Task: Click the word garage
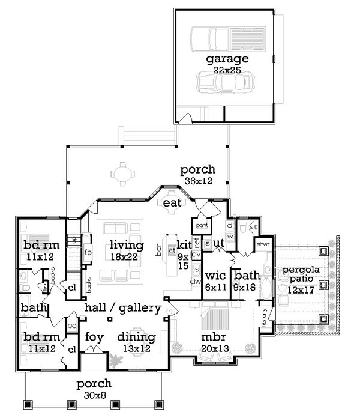[227, 59]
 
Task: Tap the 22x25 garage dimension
[227, 70]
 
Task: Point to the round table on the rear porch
[121, 174]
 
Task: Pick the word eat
[172, 204]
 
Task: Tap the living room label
[126, 245]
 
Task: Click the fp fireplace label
[88, 252]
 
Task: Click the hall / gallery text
[122, 308]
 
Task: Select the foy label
[95, 336]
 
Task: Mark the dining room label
[136, 336]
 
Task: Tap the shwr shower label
[262, 245]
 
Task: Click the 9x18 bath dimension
[247, 287]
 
